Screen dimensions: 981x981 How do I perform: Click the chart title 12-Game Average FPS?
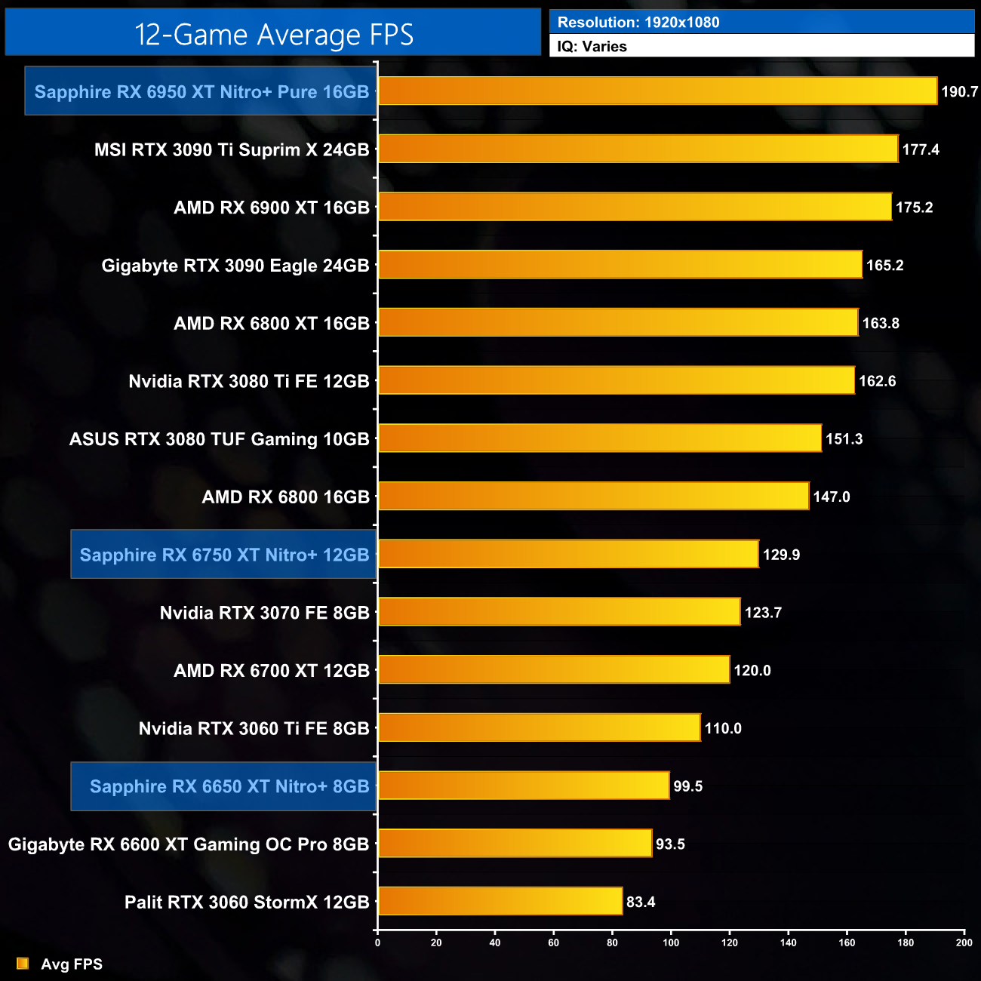click(x=274, y=35)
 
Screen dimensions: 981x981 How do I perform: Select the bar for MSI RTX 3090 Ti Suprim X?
click(x=638, y=149)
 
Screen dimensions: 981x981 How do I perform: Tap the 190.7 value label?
click(x=959, y=92)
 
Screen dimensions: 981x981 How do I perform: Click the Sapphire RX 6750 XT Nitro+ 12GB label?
click(x=224, y=555)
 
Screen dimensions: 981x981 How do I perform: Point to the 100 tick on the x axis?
click(x=671, y=942)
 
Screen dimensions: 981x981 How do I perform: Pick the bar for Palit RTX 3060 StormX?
click(x=500, y=901)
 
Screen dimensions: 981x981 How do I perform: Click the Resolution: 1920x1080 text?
click(x=638, y=23)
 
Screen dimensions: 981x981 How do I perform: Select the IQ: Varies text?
click(x=592, y=47)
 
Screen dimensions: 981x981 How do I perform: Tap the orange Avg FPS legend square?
click(x=23, y=964)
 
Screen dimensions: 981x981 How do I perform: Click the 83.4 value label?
click(x=641, y=902)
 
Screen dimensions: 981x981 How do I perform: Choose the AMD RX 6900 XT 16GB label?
click(x=272, y=208)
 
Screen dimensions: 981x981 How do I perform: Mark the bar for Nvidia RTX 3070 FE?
click(x=559, y=611)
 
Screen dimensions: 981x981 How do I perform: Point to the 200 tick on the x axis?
click(x=964, y=942)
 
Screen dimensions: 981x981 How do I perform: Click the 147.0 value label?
click(x=832, y=497)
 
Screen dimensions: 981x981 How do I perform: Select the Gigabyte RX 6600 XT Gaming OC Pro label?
click(x=189, y=844)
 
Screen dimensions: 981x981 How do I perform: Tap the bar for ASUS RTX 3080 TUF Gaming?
click(x=599, y=438)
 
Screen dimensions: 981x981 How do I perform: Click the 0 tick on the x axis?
click(x=378, y=942)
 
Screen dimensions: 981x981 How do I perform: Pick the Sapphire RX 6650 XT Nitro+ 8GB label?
click(x=229, y=786)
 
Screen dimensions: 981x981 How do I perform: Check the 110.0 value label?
click(x=723, y=728)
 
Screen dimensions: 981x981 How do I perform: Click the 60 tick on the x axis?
click(x=554, y=942)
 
